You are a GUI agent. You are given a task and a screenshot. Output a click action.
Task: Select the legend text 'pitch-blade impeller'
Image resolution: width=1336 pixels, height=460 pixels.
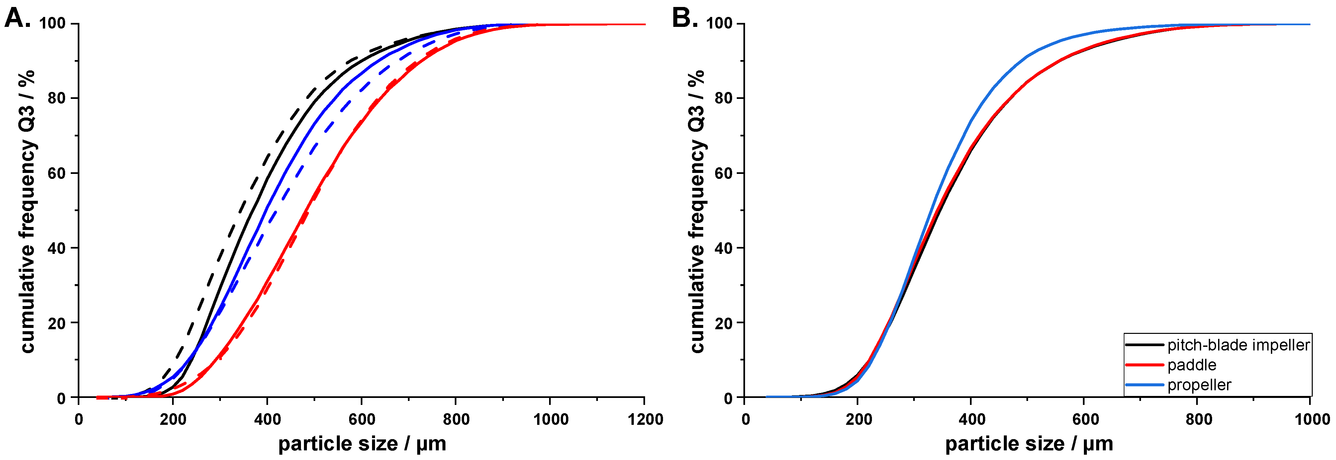1238,345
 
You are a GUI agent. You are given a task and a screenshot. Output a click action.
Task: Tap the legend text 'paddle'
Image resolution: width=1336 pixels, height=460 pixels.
1192,365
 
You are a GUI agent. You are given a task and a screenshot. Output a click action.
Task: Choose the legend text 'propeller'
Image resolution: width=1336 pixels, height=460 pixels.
1199,385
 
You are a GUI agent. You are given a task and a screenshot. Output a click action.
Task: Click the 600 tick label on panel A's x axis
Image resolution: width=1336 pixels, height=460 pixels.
361,419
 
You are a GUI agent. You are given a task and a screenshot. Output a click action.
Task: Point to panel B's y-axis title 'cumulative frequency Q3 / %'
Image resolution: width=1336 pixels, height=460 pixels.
697,211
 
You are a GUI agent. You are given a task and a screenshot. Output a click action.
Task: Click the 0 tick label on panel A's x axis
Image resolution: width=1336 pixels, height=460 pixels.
79,419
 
